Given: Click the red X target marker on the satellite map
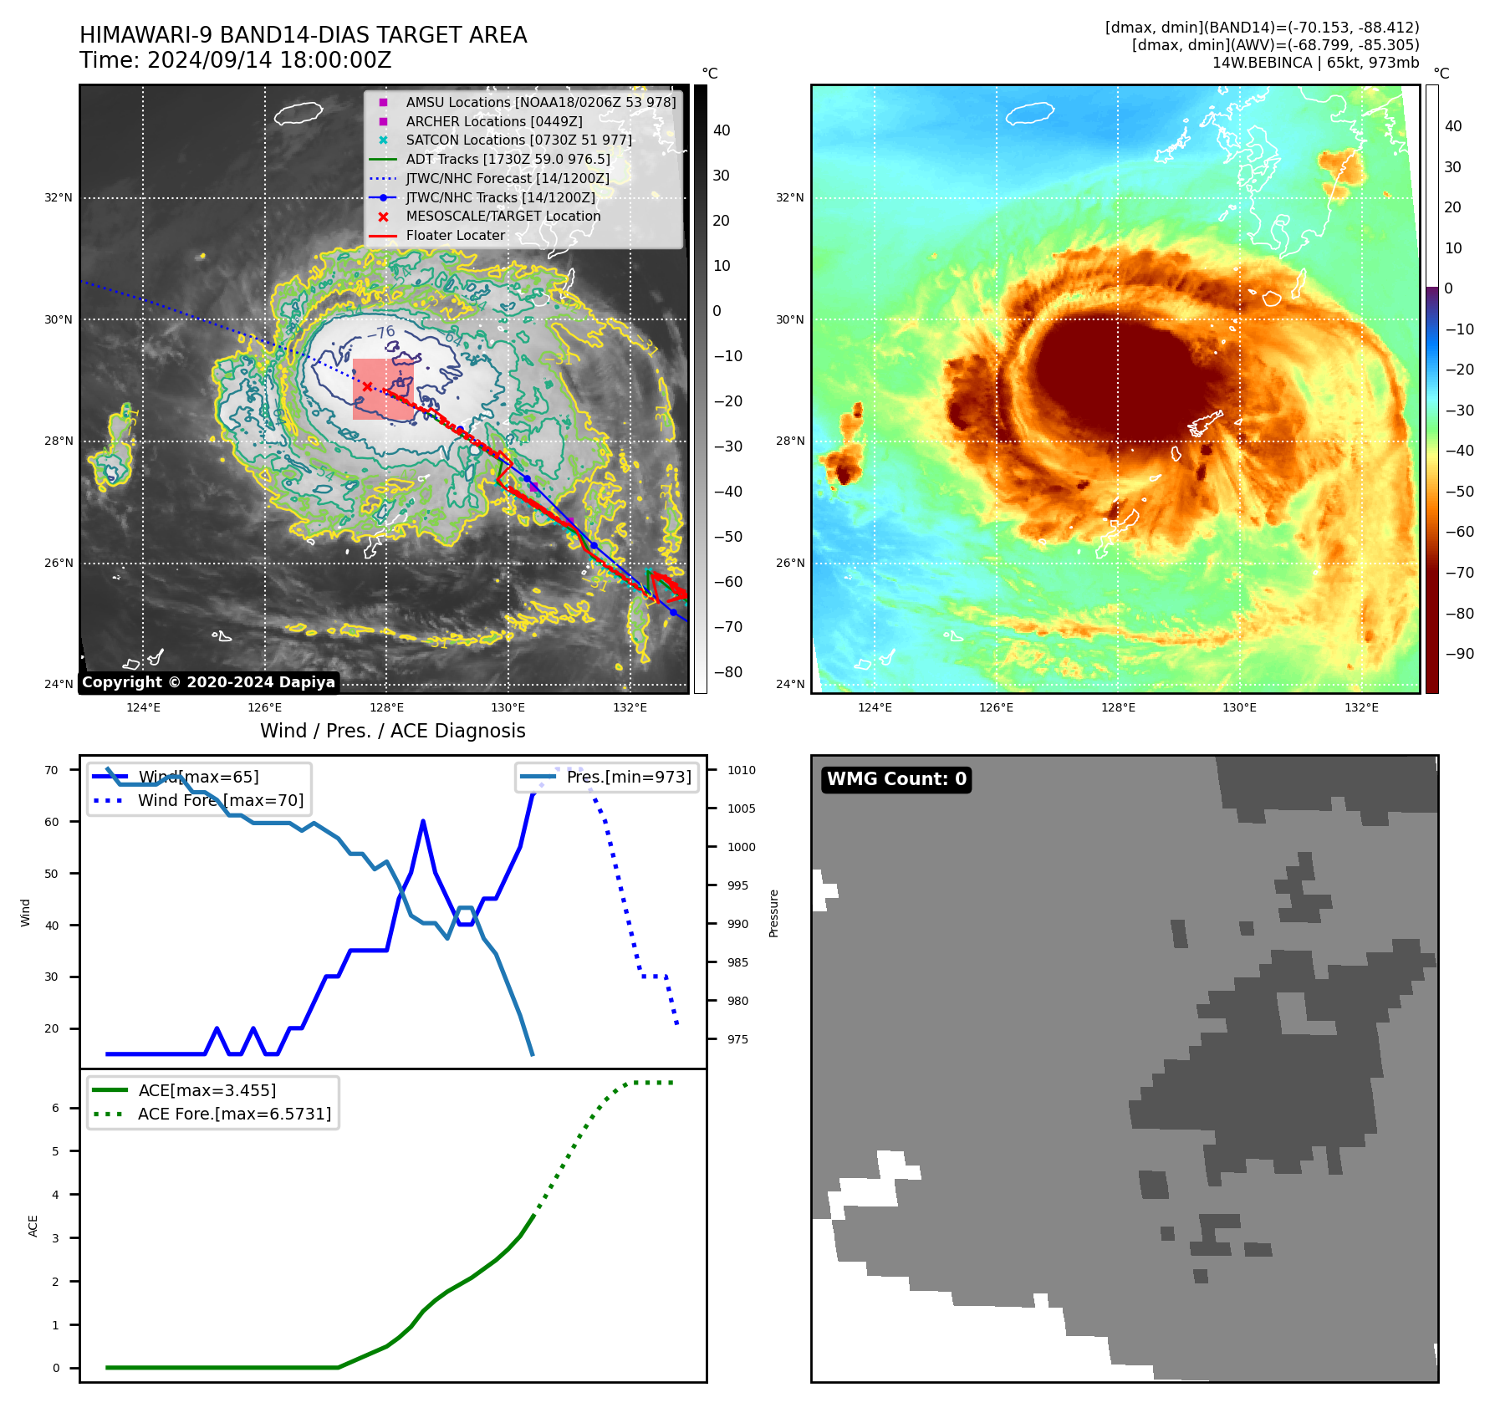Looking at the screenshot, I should (x=367, y=386).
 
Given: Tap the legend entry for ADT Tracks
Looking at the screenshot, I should (x=508, y=159).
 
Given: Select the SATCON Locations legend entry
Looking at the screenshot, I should (x=518, y=140).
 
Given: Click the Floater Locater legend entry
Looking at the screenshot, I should (x=455, y=236).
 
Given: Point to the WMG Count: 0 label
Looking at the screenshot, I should (x=896, y=779).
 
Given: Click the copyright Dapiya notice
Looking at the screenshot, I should (x=208, y=682).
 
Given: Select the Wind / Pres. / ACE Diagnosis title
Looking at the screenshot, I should (x=392, y=731).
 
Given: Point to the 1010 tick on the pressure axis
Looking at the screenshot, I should (x=741, y=770).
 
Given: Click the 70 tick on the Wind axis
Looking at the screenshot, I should (x=52, y=770).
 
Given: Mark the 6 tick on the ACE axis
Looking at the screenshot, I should (x=55, y=1108).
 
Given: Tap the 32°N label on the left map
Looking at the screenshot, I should (x=59, y=198).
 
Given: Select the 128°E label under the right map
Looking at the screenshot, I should (x=1118, y=708).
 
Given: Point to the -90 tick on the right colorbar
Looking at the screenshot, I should (x=1459, y=654).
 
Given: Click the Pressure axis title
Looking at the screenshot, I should (x=773, y=913).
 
